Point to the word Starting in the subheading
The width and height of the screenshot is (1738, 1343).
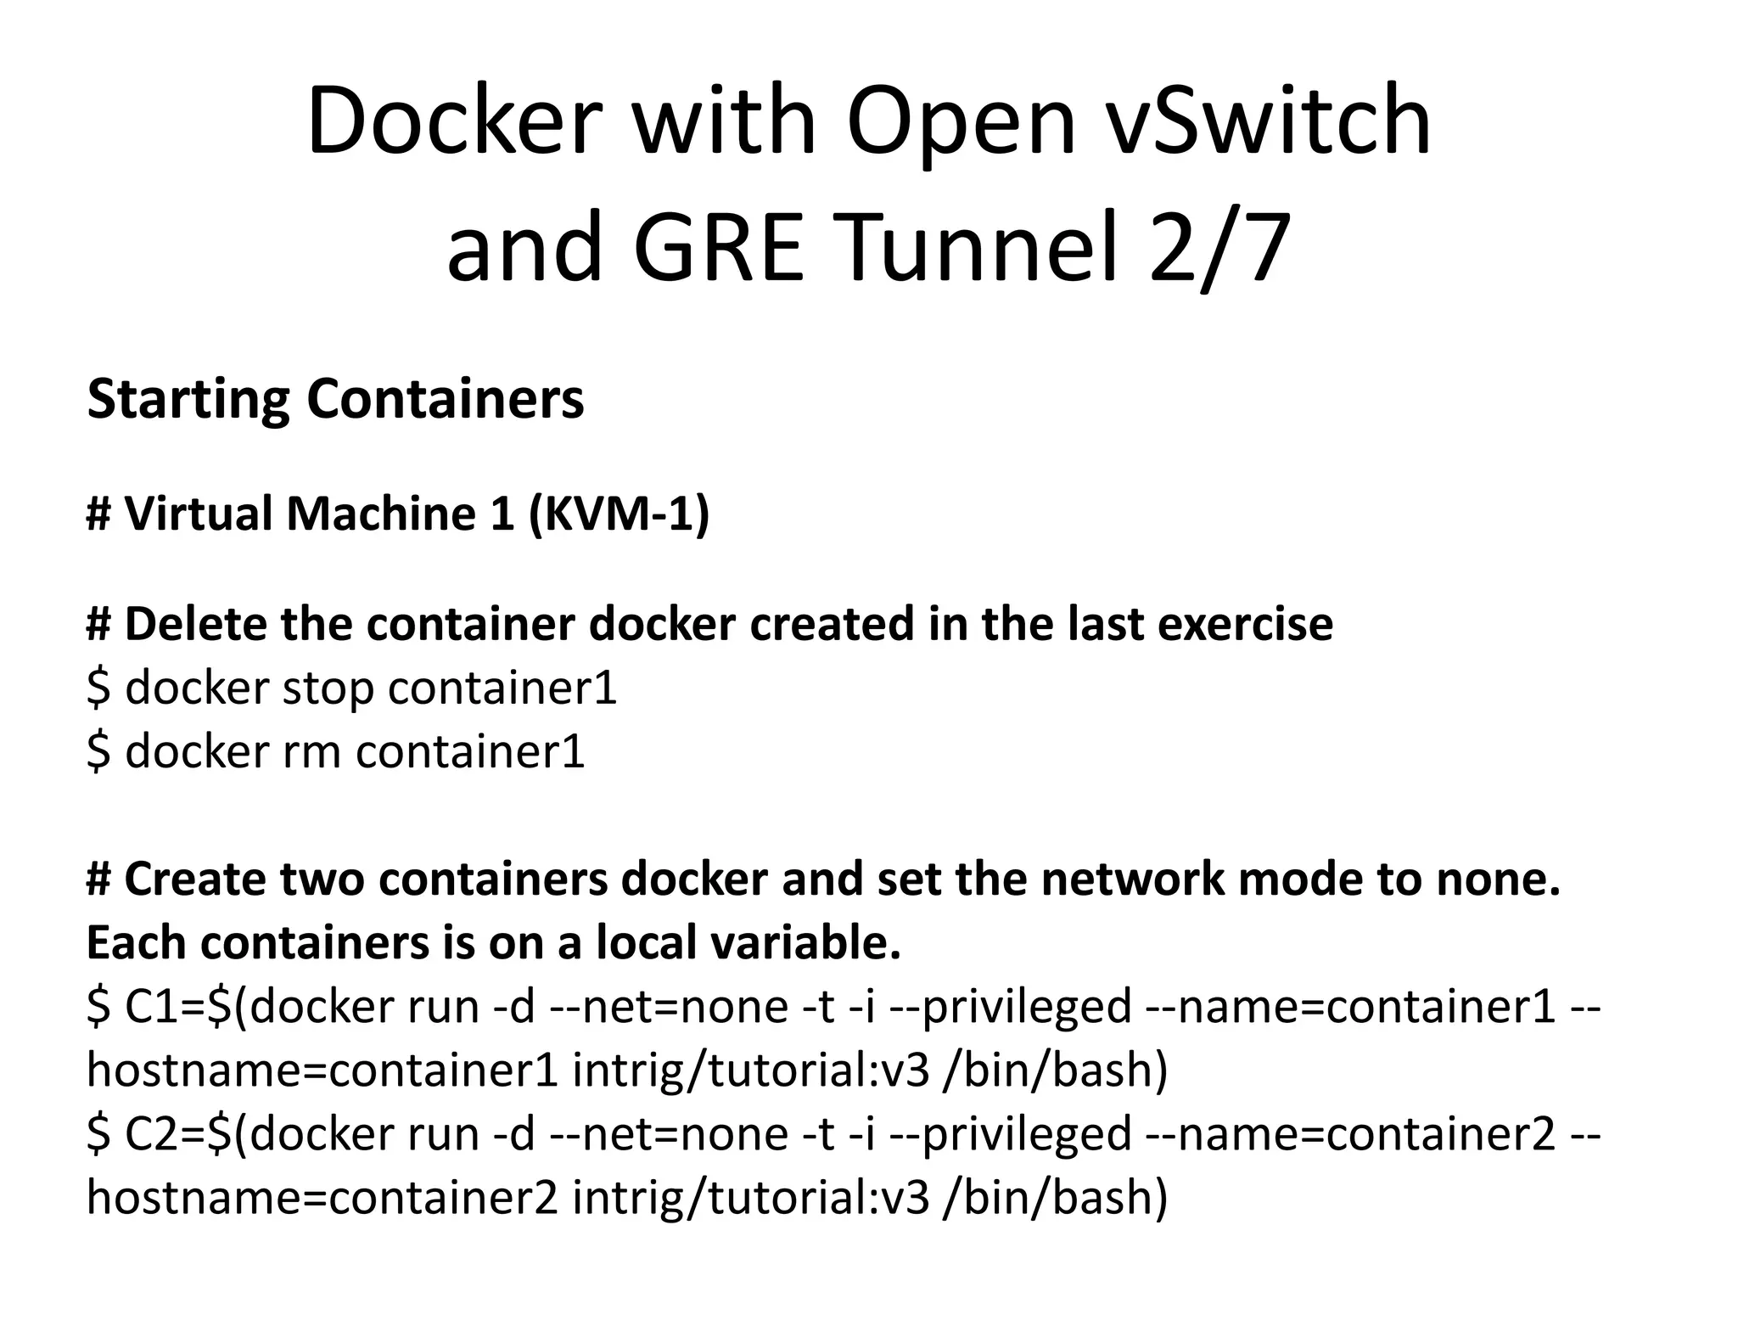pos(188,400)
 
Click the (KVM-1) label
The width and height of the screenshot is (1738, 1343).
pos(619,514)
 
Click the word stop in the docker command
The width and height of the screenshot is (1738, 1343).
pos(328,688)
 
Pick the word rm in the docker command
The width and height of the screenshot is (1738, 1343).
pos(311,751)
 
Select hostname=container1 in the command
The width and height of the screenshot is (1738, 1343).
pos(322,1070)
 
